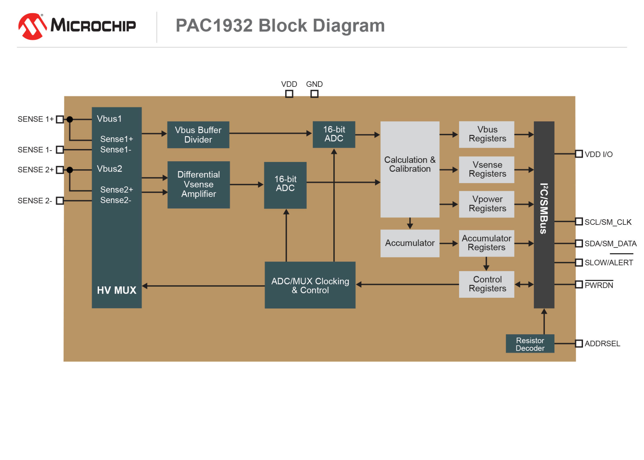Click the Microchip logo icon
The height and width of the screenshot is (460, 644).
[32, 26]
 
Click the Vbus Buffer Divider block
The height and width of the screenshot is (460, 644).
[198, 135]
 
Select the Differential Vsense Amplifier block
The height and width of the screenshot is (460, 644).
[198, 184]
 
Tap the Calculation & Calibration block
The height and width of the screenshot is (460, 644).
[409, 169]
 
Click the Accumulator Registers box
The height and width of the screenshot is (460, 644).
[486, 243]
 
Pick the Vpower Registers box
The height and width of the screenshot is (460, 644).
[486, 204]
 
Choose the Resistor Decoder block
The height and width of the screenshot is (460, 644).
[530, 344]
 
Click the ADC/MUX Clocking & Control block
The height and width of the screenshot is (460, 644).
[310, 285]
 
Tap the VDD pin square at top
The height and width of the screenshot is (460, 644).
[289, 94]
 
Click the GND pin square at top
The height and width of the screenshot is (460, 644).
[314, 94]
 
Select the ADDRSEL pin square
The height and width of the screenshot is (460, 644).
[579, 343]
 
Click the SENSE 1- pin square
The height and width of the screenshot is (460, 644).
[60, 150]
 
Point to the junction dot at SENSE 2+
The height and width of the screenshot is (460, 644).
[70, 170]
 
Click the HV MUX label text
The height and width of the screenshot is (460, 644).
[116, 290]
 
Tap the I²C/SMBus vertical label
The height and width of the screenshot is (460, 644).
[544, 208]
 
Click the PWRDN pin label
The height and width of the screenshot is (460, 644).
[598, 285]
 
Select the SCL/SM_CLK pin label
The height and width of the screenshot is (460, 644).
[608, 222]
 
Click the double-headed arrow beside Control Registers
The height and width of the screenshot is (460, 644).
[524, 285]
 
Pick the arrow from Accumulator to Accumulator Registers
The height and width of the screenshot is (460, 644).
[449, 243]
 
